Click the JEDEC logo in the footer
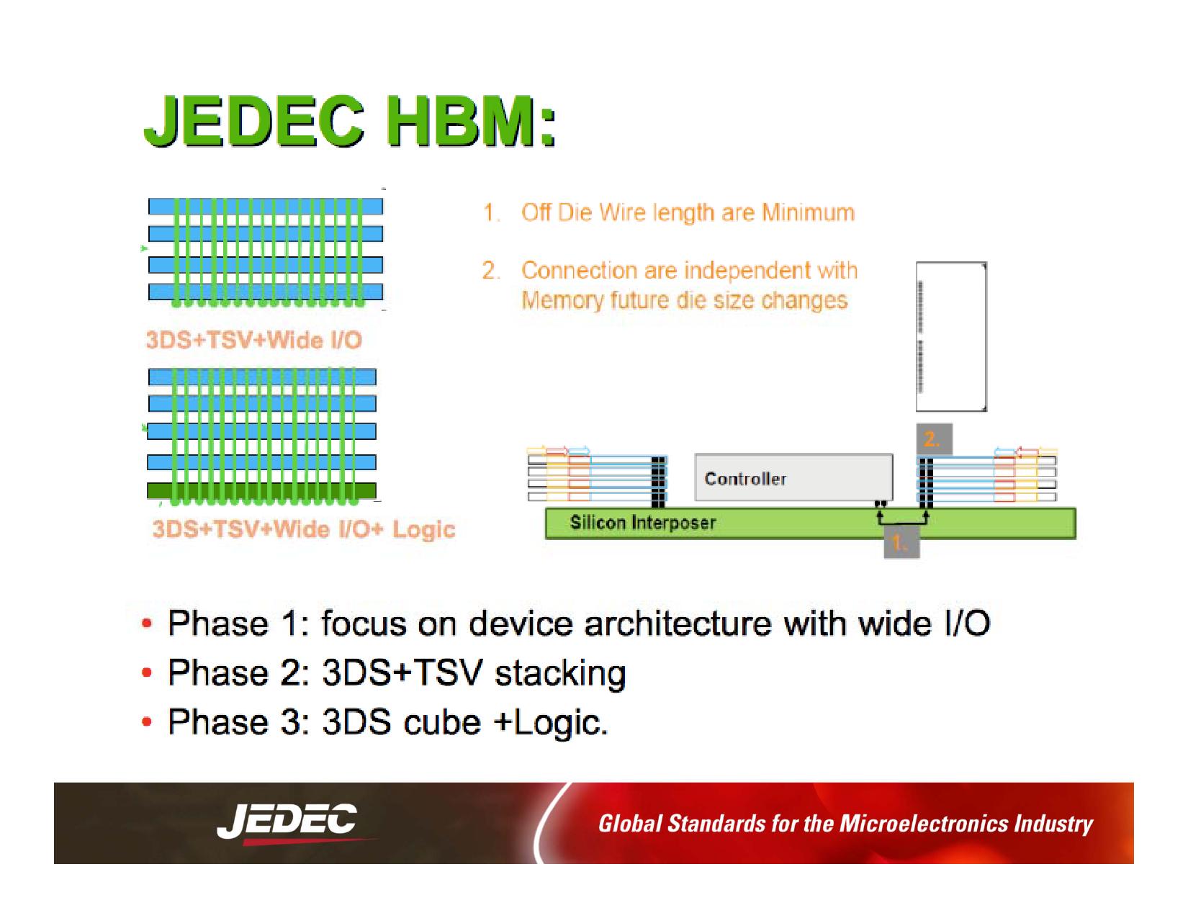point(287,822)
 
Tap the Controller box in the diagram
point(793,477)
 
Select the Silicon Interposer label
point(642,523)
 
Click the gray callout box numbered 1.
point(901,544)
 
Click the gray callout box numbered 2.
point(934,438)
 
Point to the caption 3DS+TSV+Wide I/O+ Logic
point(303,529)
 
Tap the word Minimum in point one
point(808,212)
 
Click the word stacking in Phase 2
point(559,673)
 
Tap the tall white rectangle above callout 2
point(950,336)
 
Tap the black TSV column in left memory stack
point(657,481)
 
